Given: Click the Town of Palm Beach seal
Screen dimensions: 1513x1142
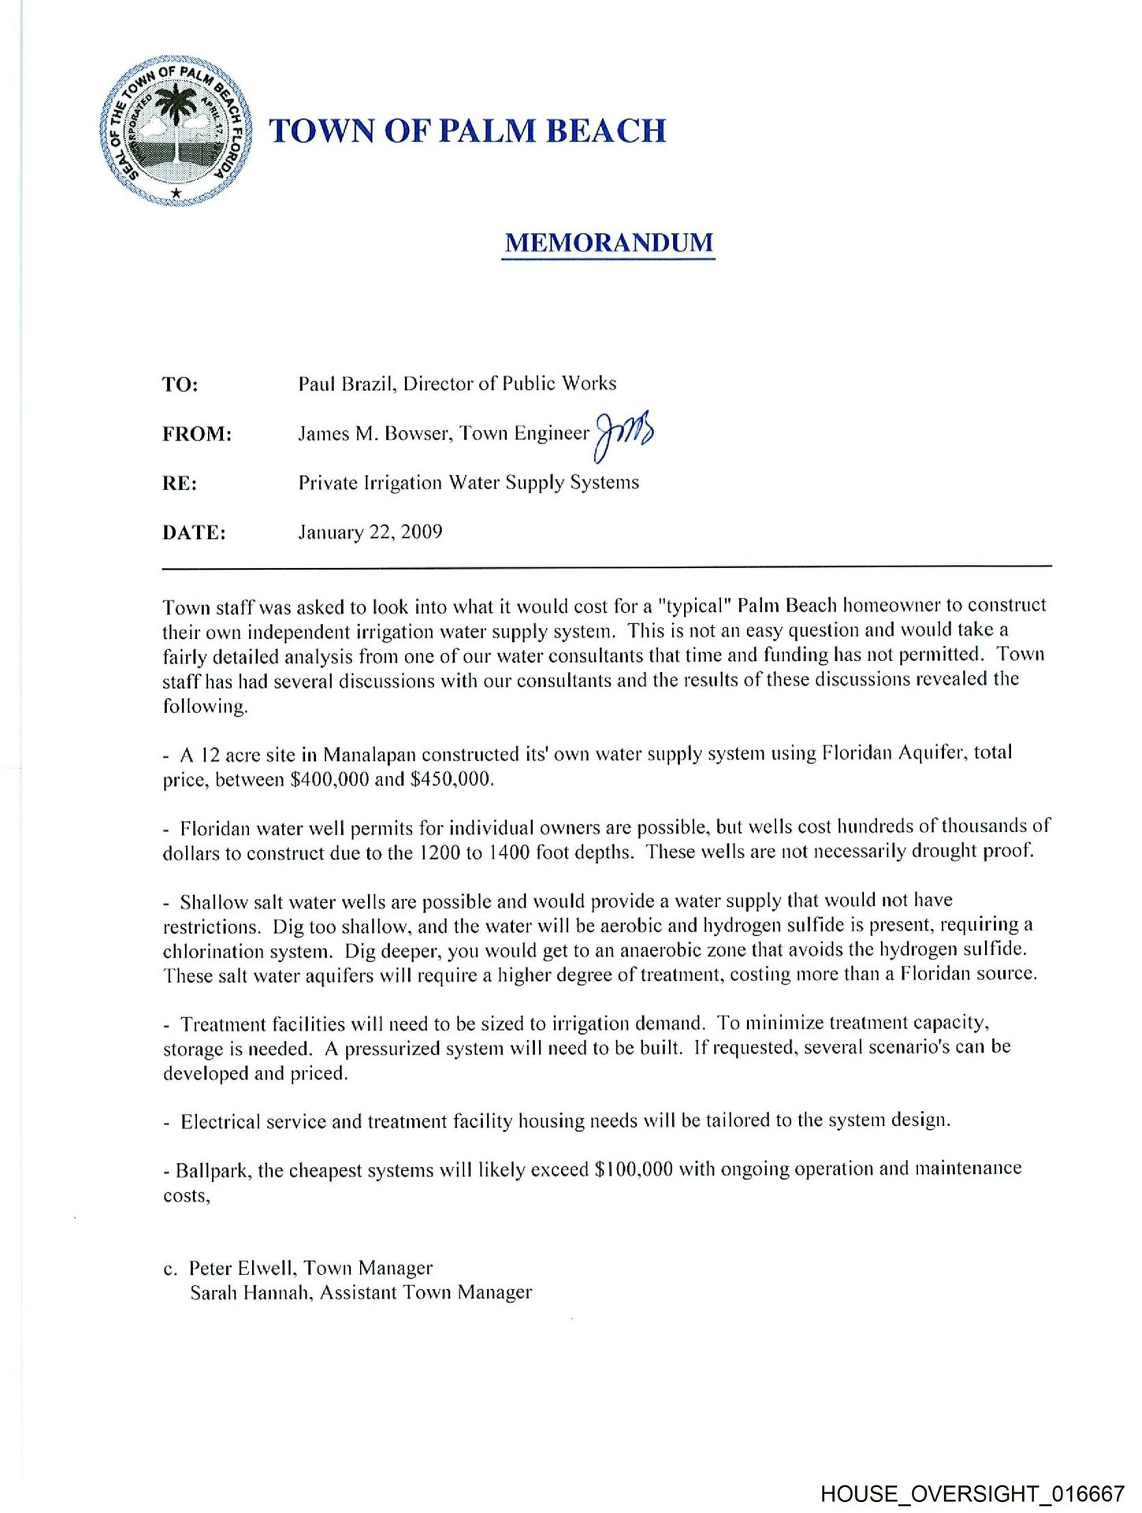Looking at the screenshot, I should pos(176,131).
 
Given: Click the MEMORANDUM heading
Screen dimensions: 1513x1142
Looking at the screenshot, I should pos(608,243).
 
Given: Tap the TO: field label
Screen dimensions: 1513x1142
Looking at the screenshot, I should pos(180,385).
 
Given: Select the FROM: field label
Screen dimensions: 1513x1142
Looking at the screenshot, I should pos(197,434).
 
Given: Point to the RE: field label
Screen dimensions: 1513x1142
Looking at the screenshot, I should pos(180,484).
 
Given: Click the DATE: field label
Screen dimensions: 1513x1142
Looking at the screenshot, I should pos(194,533).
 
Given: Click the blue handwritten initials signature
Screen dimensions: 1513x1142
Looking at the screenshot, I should pos(624,433).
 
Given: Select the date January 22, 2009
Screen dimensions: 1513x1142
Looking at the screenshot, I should pos(370,533).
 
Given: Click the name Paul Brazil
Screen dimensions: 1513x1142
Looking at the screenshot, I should pos(344,384).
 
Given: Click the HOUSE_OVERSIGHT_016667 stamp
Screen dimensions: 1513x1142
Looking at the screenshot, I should pos(972,1493).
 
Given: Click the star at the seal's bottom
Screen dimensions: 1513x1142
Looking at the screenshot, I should pos(177,193).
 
